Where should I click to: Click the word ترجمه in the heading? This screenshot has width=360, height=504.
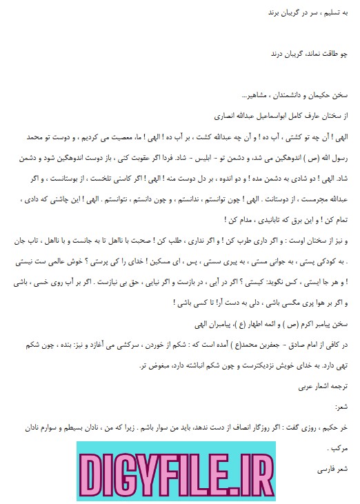[341, 367]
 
